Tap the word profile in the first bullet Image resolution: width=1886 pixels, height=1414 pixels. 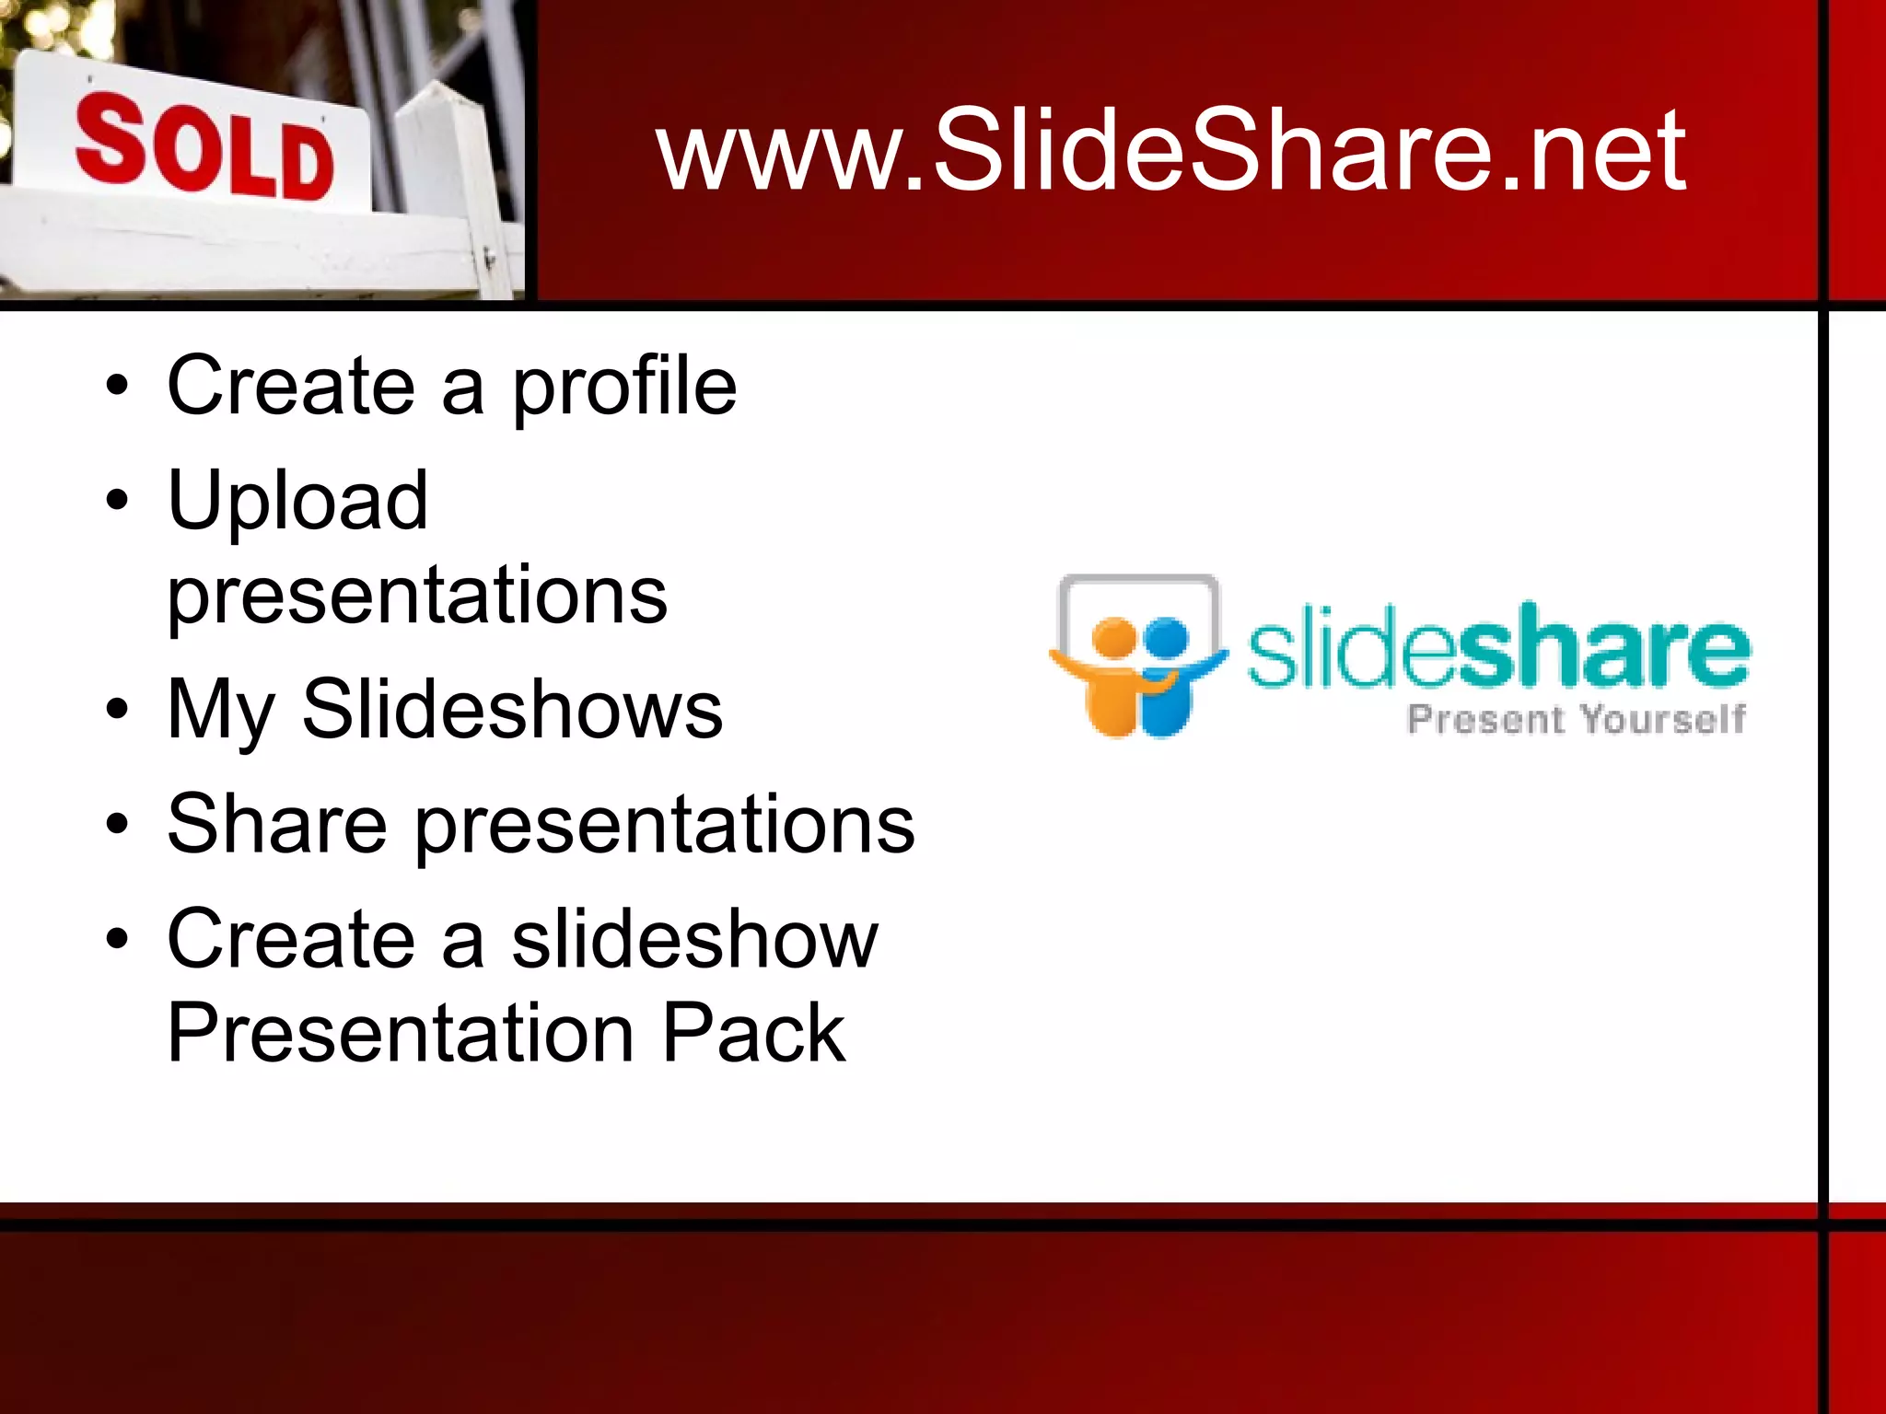(623, 388)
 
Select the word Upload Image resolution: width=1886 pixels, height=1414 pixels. (297, 501)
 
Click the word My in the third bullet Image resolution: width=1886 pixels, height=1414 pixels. (221, 711)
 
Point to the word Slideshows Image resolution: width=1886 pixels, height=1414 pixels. (512, 709)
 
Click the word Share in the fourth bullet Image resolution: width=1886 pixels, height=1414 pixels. (276, 824)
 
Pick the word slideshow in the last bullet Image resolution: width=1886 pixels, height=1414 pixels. (694, 939)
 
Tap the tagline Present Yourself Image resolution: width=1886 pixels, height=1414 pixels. (1576, 719)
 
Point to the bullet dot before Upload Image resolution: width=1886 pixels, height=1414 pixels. (117, 501)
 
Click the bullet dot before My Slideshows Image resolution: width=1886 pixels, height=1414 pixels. (117, 710)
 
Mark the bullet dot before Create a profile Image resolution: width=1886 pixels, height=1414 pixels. (117, 387)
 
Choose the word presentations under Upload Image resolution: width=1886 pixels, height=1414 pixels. (416, 596)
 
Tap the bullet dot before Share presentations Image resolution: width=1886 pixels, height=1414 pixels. (117, 824)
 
